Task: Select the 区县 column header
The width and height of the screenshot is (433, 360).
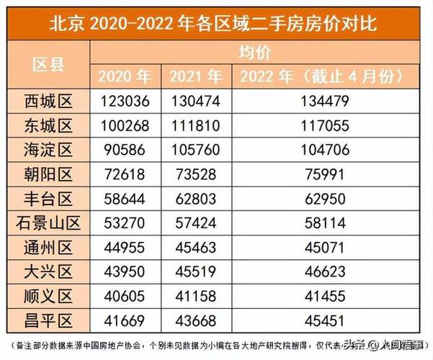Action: coord(49,64)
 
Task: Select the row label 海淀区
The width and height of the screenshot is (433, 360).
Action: coord(49,150)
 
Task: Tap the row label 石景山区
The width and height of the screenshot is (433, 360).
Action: coord(49,224)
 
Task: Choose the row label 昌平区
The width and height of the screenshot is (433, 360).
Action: coord(49,322)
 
